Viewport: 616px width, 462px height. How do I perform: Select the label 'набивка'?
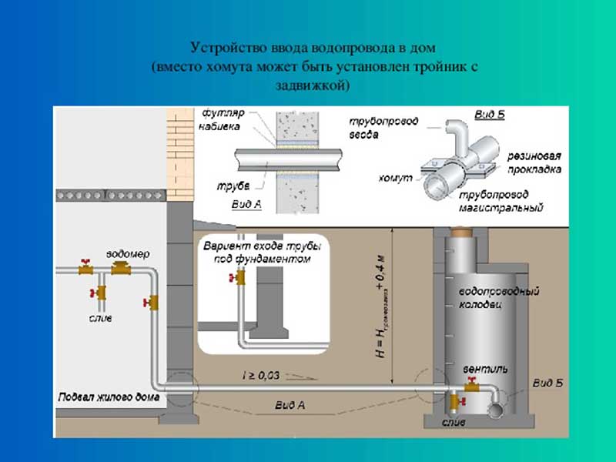(221, 126)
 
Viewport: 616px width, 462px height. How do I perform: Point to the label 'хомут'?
(393, 178)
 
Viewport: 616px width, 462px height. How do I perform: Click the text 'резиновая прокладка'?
(534, 162)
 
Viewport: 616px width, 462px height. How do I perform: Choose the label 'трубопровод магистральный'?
(502, 202)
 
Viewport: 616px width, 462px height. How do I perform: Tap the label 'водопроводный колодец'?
(498, 298)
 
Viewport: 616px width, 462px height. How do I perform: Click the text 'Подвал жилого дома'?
(108, 398)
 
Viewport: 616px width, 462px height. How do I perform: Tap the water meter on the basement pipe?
(121, 269)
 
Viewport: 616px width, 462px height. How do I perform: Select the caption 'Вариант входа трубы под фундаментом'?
(257, 253)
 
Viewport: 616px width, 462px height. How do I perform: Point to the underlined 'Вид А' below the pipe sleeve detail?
(246, 205)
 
